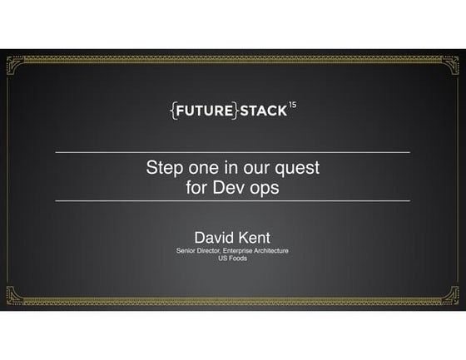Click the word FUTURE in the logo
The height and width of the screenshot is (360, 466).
point(204,110)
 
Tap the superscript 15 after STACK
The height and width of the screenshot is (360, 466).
point(292,105)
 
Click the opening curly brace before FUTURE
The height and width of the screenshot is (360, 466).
point(171,110)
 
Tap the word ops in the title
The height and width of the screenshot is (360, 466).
point(265,187)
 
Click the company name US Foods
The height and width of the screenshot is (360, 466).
point(232,259)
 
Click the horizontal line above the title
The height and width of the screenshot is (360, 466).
point(232,153)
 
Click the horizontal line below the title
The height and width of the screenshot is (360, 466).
point(232,201)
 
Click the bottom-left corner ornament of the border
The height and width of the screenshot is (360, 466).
point(14,294)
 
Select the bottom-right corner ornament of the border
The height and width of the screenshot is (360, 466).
point(451,294)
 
